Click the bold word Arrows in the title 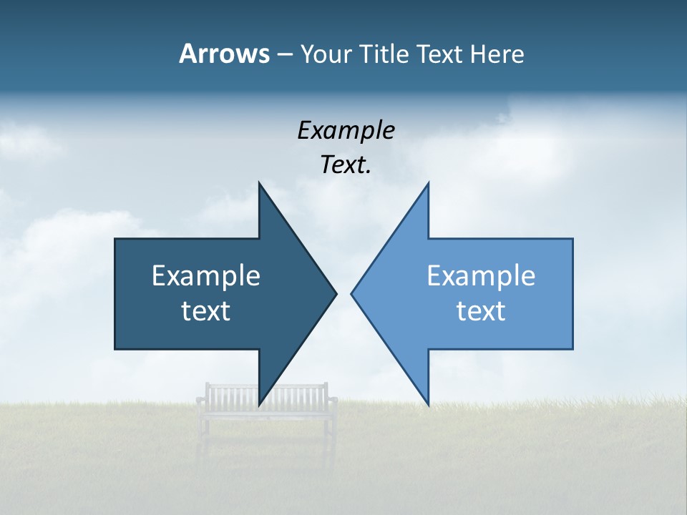pos(224,54)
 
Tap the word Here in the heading pos(497,54)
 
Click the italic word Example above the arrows pos(346,131)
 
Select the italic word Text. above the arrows pos(346,165)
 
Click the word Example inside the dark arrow pos(206,276)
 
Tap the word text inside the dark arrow pos(206,311)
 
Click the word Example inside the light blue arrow pos(481,276)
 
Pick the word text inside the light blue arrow pos(481,311)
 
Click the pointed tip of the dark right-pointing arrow pos(336,293)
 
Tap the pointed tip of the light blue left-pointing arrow pos(352,293)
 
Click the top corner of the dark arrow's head pos(260,183)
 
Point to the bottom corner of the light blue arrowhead pos(428,404)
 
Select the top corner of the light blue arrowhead pos(428,183)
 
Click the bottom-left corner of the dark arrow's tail pos(116,348)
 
